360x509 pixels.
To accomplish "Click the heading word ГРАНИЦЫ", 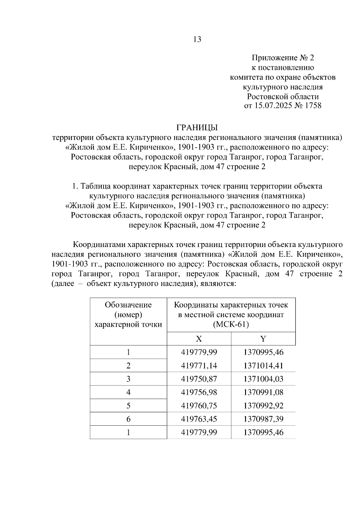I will [x=197, y=128].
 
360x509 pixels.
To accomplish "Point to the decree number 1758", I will [x=313, y=106].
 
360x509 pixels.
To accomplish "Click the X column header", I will [x=199, y=339].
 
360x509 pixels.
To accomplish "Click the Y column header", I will [x=263, y=339].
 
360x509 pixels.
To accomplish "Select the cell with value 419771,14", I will [x=199, y=366].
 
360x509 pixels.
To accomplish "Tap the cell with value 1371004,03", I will [x=263, y=379].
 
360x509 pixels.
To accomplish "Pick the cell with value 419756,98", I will [x=199, y=392].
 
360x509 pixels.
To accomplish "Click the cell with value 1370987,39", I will [x=263, y=419].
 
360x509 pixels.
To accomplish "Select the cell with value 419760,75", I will [x=199, y=406].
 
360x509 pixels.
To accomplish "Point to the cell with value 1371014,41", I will [x=263, y=366].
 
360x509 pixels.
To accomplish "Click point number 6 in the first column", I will [x=128, y=419].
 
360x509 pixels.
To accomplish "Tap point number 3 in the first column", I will [x=128, y=379].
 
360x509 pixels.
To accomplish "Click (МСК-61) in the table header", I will [x=231, y=325].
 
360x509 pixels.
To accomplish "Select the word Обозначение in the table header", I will [x=128, y=305].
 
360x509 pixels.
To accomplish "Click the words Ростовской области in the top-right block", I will [x=283, y=97].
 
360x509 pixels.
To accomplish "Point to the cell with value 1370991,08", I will [x=263, y=392].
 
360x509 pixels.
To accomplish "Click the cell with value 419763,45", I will [x=199, y=419].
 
